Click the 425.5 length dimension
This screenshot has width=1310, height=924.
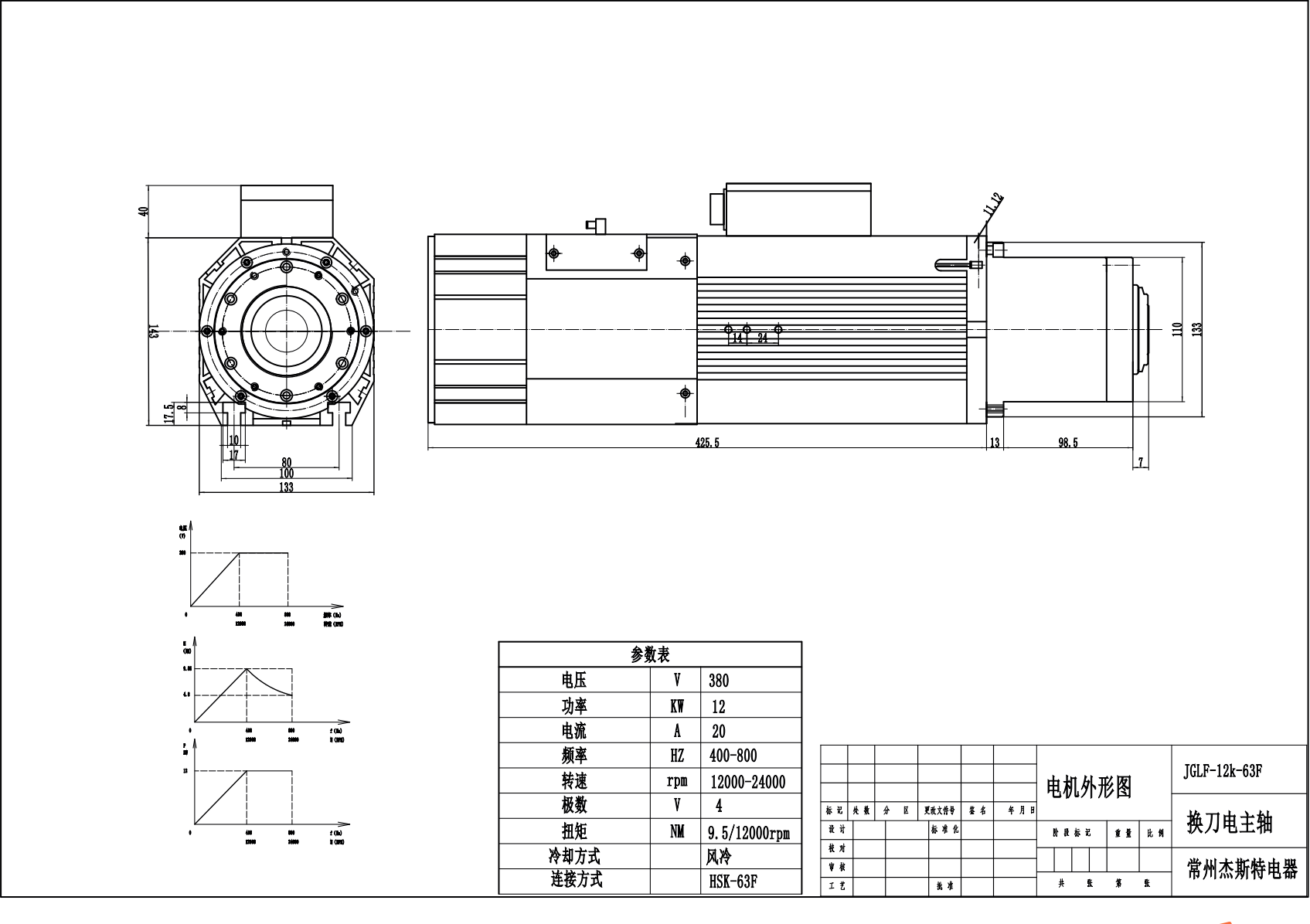coord(706,443)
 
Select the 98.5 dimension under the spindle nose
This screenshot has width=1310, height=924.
coord(1067,443)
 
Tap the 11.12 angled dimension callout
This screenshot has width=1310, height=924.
coord(993,203)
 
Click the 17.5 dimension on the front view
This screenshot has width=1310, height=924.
coord(168,413)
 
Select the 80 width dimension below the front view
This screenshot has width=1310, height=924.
coord(286,463)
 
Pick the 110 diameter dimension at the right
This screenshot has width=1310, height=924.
coord(1177,328)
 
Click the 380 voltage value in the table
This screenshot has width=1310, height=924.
coord(718,681)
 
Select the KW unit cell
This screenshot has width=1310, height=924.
coord(676,706)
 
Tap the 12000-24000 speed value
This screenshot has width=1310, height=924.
coord(747,782)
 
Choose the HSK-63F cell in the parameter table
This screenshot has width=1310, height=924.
coord(733,882)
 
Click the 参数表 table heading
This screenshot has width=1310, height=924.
coord(650,655)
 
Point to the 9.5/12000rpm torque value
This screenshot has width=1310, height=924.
coord(748,833)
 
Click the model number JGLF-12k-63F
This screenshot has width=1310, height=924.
coord(1223,771)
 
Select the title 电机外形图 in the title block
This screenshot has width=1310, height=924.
coord(1088,787)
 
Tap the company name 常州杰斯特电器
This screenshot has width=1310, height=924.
coord(1241,870)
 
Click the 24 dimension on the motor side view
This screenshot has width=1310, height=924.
coord(762,338)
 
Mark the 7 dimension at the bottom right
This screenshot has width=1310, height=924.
coord(1140,463)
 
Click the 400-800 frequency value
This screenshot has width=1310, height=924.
coord(733,756)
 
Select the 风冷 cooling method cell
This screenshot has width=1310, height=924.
coord(718,857)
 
